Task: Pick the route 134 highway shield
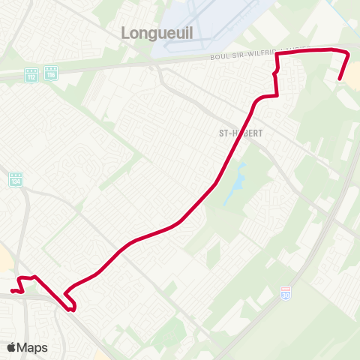tap(16, 180)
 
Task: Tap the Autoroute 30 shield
tap(285, 291)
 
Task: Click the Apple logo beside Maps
tap(12, 347)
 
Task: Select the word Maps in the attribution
tap(33, 347)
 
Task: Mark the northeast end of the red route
tap(340, 79)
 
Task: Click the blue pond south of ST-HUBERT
tap(238, 181)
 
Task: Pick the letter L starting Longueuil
tap(125, 32)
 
